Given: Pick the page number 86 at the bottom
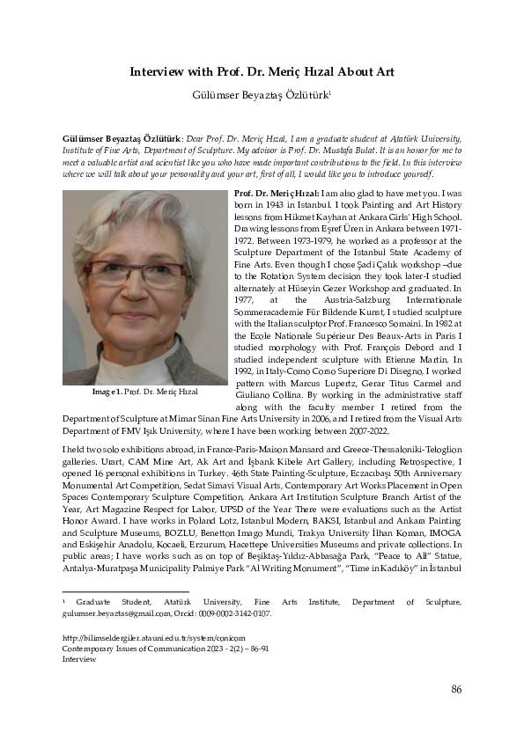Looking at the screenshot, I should pyautogui.click(x=455, y=689).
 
